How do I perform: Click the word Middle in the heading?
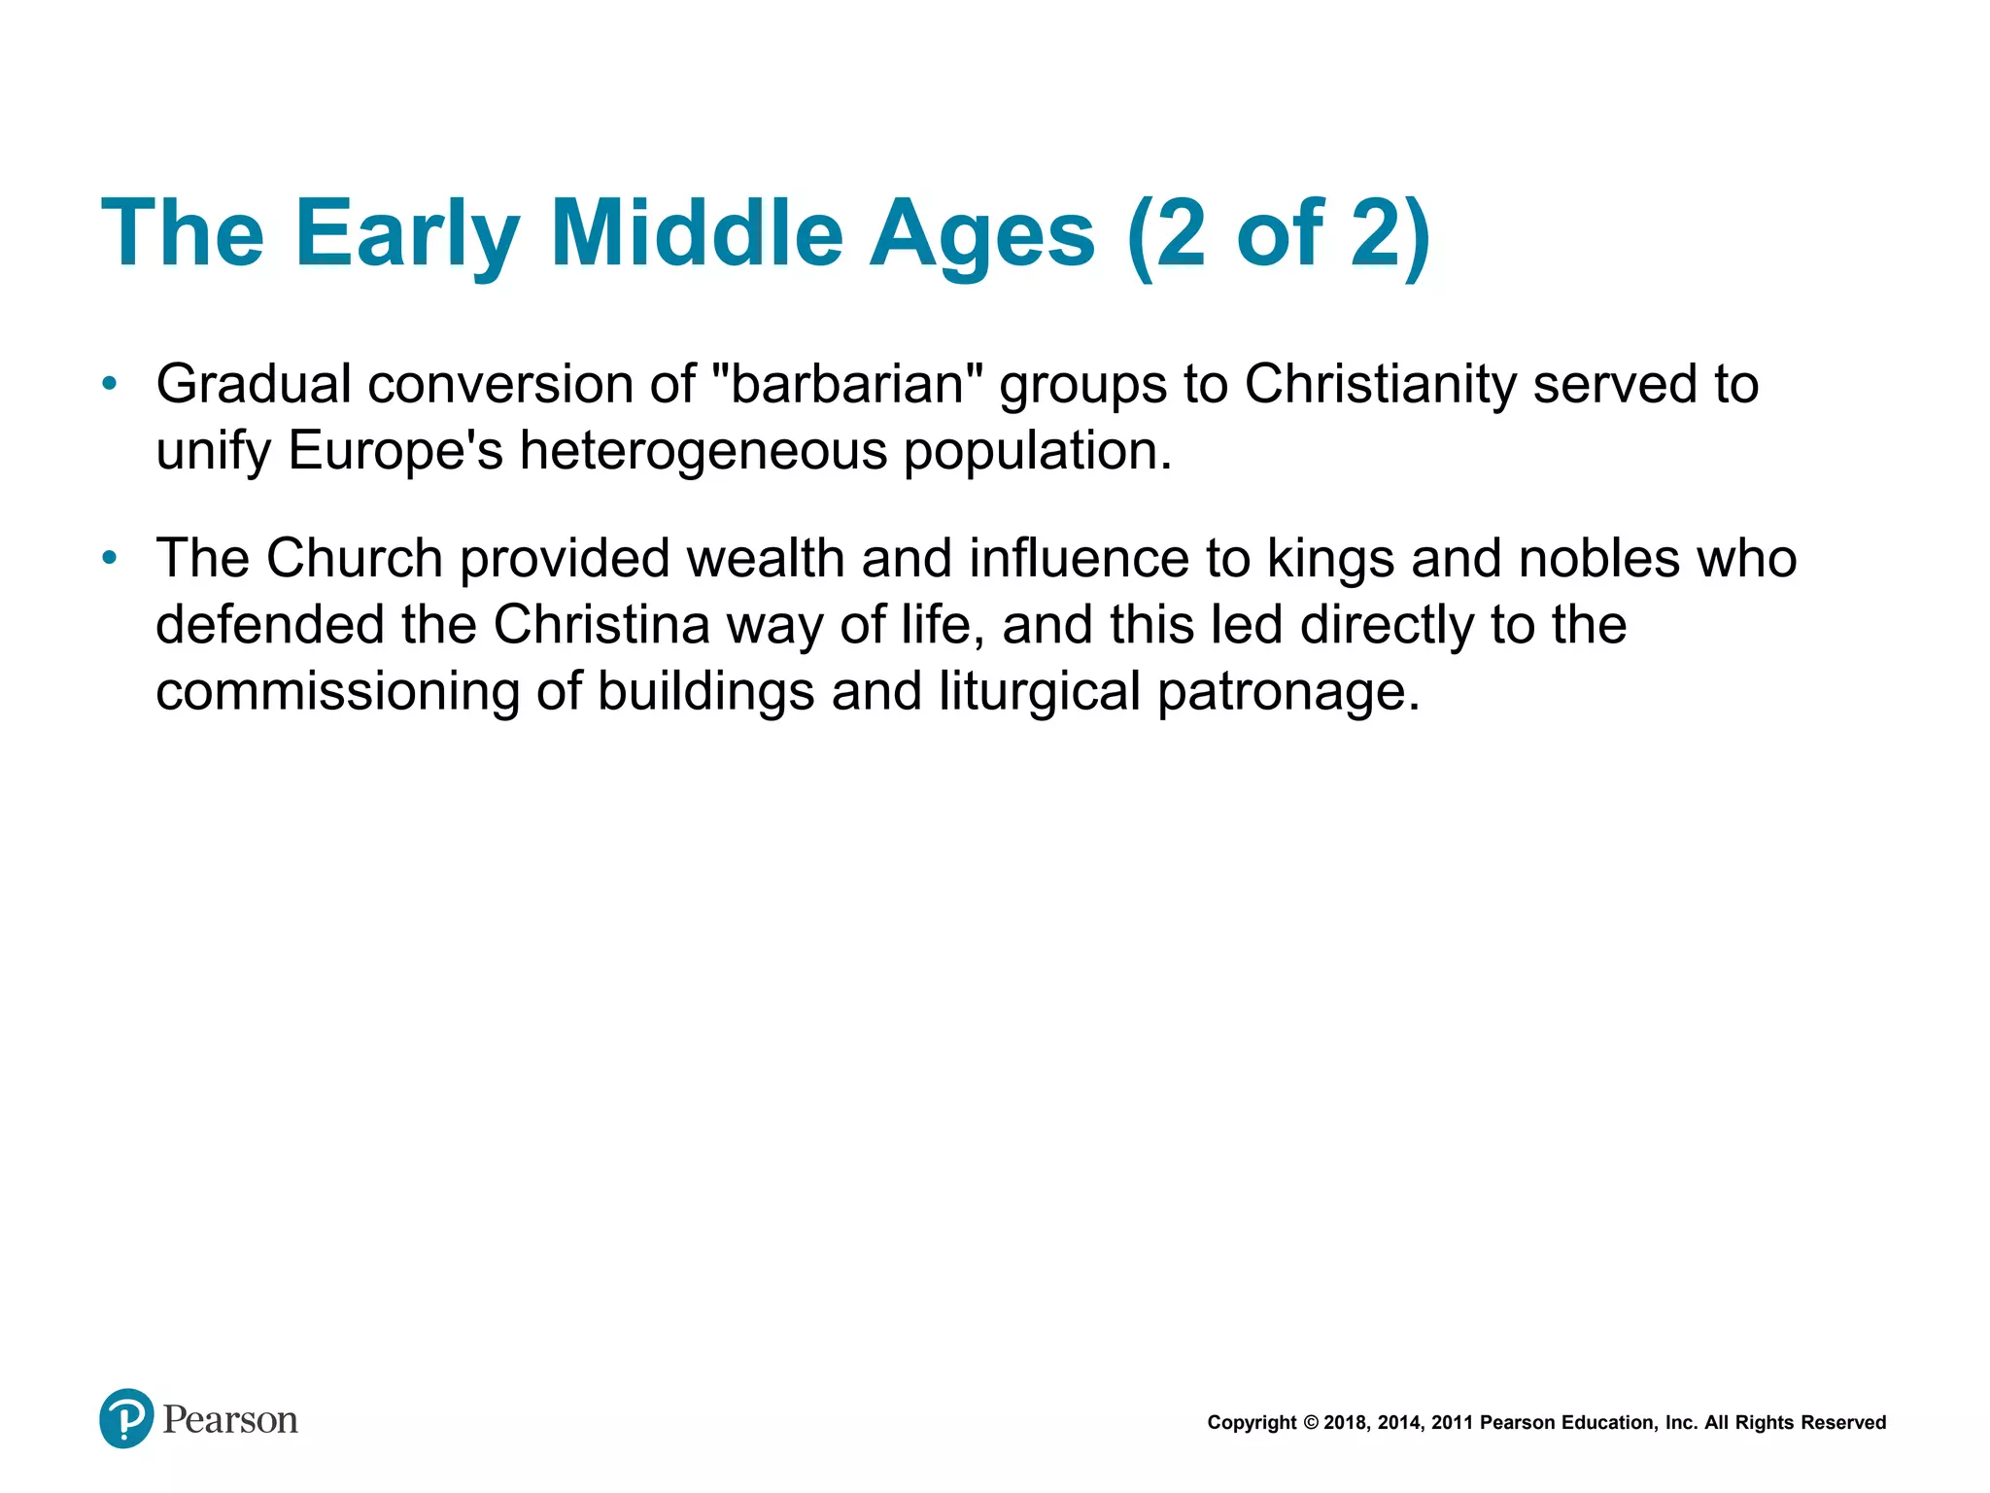pos(696,234)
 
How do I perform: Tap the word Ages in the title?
pos(981,234)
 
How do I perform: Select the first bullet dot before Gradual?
pos(110,384)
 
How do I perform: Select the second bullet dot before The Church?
pos(110,558)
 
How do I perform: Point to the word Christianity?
pos(1380,384)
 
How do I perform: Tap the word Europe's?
pos(395,451)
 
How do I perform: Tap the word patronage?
pos(1287,692)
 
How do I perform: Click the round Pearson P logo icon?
pos(126,1418)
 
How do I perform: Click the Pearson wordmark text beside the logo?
pos(230,1420)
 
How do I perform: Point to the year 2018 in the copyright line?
pos(1344,1423)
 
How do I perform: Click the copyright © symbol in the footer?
pos(1310,1423)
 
